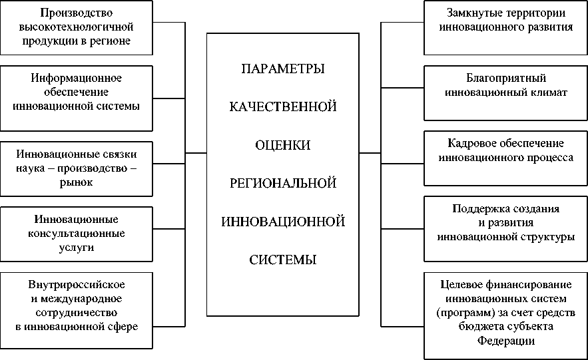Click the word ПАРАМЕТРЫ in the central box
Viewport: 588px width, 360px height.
(x=283, y=69)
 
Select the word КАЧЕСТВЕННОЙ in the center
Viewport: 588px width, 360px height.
(x=283, y=106)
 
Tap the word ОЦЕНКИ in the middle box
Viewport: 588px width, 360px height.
(x=283, y=144)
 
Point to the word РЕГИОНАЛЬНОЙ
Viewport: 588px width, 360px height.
(x=283, y=182)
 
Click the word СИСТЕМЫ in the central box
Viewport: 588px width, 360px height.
(x=283, y=259)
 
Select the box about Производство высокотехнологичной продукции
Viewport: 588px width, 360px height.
(x=76, y=27)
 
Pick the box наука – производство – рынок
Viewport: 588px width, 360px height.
(x=76, y=168)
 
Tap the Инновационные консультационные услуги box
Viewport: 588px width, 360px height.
(x=76, y=234)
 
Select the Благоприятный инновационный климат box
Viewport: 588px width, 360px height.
(x=506, y=86)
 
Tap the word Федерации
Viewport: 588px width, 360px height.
(x=506, y=341)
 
